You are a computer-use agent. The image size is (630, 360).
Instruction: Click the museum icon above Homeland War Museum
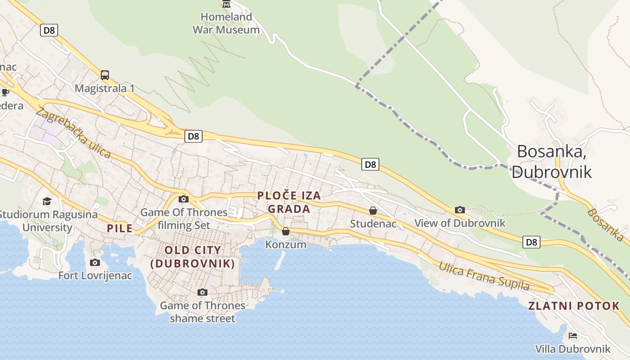(x=226, y=4)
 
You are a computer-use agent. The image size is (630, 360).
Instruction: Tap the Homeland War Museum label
(x=226, y=23)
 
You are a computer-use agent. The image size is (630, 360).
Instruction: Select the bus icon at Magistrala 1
(x=105, y=75)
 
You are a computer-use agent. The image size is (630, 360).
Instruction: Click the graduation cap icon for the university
(x=47, y=201)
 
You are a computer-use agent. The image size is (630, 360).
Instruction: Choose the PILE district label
(x=120, y=228)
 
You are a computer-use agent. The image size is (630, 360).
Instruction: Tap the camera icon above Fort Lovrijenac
(x=95, y=262)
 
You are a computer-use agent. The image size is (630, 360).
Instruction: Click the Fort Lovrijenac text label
(x=95, y=275)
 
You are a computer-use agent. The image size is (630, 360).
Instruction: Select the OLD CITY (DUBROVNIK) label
(x=193, y=257)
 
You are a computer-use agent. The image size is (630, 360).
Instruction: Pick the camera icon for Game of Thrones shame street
(x=202, y=292)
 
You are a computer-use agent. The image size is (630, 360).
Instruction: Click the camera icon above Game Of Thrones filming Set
(x=184, y=199)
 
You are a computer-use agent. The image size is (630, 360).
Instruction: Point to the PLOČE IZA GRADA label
(x=289, y=202)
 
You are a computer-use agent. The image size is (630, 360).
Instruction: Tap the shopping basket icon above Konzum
(x=286, y=231)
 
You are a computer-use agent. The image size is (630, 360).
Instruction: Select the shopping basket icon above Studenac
(x=373, y=210)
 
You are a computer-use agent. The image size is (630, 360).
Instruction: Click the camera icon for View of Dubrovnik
(x=459, y=210)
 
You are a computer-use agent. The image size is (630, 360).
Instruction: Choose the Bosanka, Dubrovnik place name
(x=552, y=161)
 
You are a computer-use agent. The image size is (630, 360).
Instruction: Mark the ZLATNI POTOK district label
(x=574, y=306)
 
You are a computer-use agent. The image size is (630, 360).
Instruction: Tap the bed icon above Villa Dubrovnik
(x=573, y=335)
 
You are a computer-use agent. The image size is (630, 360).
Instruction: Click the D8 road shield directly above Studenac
(x=370, y=165)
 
